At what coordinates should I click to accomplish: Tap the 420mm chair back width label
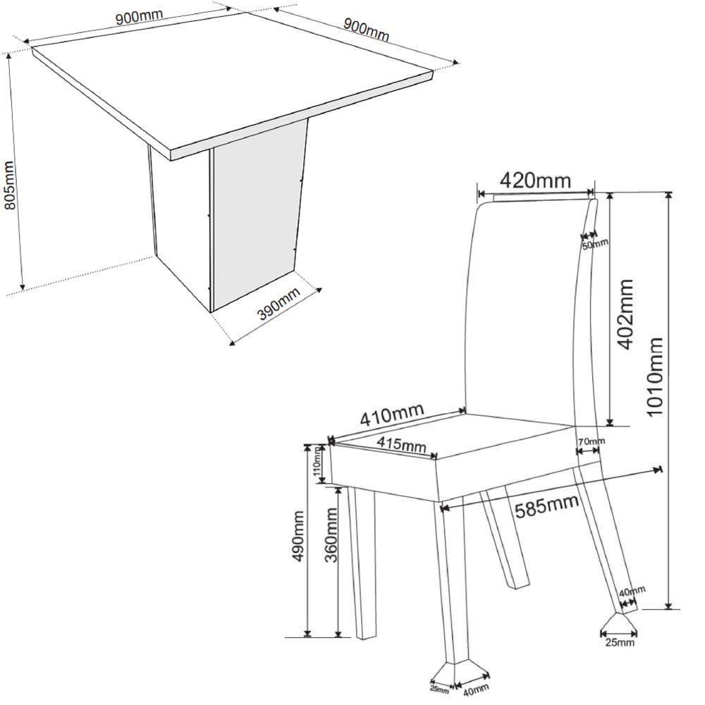click(x=535, y=180)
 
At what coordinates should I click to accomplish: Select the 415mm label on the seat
click(x=400, y=445)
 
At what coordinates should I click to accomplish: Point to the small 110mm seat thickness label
click(x=318, y=462)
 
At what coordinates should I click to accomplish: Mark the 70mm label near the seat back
click(x=591, y=441)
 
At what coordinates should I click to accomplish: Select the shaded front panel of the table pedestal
click(x=257, y=211)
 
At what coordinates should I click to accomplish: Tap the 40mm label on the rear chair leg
click(x=632, y=591)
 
